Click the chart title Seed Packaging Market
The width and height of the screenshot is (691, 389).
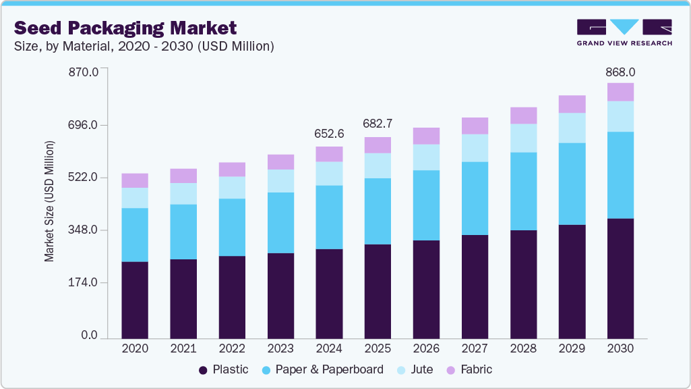click(x=125, y=28)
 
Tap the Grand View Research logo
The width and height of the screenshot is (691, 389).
click(x=624, y=32)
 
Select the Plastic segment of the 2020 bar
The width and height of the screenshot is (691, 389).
click(x=135, y=299)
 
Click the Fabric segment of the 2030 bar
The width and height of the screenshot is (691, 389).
click(x=620, y=92)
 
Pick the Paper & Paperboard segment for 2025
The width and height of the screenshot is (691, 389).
click(x=378, y=211)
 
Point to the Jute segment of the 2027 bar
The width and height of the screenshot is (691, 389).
click(x=475, y=148)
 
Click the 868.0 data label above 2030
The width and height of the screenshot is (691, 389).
click(x=620, y=72)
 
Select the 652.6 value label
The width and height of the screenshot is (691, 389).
click(x=329, y=134)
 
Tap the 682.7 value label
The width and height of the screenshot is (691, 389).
click(x=378, y=124)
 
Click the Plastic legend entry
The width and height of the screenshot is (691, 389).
click(x=223, y=369)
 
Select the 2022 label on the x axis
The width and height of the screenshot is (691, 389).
click(x=232, y=348)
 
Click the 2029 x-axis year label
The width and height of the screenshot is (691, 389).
click(x=572, y=348)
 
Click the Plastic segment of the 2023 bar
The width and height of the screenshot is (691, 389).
click(x=280, y=295)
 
